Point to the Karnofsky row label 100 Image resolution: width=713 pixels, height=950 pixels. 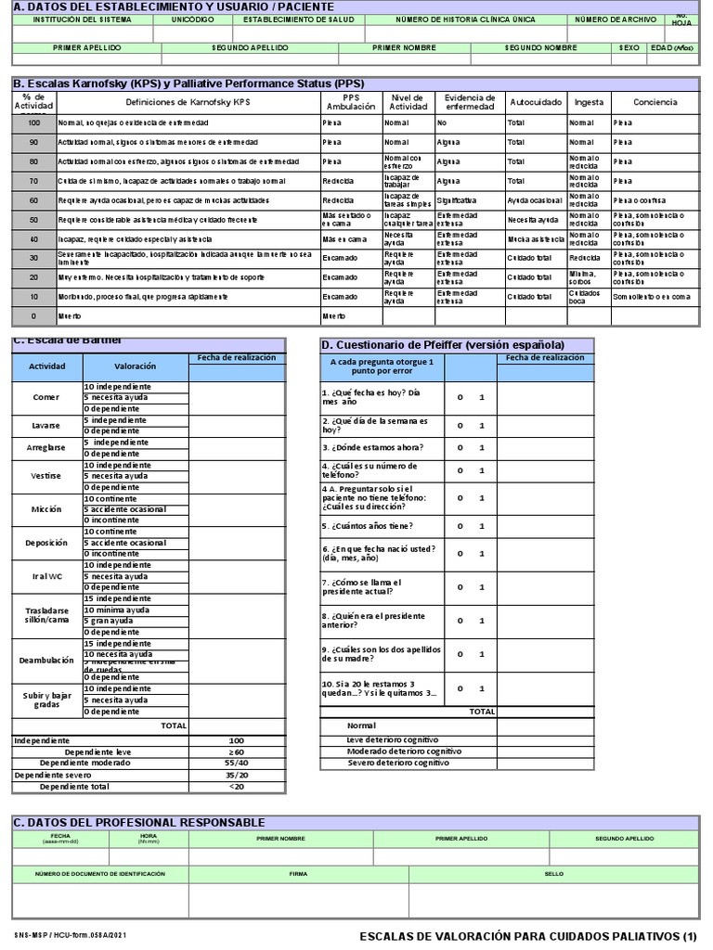pos(34,123)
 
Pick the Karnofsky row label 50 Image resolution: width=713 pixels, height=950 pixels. pos(34,220)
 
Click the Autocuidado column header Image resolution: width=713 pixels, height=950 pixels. pos(535,101)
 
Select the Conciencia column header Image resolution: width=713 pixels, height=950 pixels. pos(655,101)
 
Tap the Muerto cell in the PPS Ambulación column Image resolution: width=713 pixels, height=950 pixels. pos(333,315)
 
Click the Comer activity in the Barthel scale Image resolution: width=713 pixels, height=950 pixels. pos(46,398)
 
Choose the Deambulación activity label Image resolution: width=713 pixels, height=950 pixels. pos(46,661)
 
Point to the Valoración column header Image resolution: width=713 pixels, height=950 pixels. pos(135,366)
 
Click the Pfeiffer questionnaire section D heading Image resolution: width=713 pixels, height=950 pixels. pos(441,345)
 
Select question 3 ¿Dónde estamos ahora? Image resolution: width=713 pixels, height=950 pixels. pos(369,446)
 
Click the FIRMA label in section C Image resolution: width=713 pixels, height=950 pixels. pos(298,874)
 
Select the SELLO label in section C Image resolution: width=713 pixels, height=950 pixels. pos(553,874)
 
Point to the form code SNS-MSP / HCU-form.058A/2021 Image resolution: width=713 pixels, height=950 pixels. pos(67,937)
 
